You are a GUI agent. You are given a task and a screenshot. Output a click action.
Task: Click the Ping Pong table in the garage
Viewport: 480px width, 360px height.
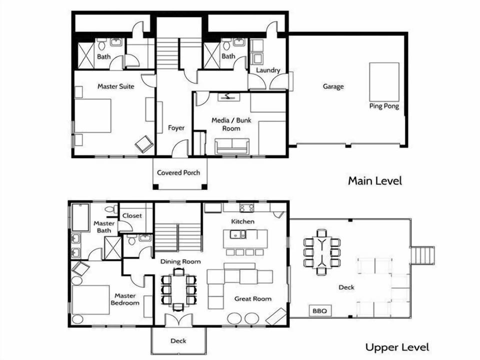tap(384, 81)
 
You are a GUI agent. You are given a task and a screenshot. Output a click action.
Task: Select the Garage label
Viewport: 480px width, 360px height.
tap(333, 86)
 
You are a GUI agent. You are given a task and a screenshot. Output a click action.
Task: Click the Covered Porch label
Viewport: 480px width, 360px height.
tap(178, 172)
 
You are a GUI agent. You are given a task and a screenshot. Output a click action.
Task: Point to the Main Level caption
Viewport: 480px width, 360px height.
tap(374, 180)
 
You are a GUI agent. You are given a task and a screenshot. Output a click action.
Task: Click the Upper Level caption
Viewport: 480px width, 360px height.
tap(396, 347)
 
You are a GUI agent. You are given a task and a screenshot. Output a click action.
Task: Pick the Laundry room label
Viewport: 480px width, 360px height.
tap(268, 70)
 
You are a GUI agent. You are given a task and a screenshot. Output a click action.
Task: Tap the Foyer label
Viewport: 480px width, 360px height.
tap(176, 128)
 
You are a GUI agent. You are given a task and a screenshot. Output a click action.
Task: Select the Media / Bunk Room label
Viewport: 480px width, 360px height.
tap(231, 124)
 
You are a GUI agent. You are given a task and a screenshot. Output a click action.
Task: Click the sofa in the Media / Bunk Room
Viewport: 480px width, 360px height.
tap(231, 146)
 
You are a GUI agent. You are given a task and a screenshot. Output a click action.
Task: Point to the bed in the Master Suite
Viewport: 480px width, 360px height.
tap(92, 115)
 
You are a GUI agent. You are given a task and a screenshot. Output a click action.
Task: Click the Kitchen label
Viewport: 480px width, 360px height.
tap(242, 221)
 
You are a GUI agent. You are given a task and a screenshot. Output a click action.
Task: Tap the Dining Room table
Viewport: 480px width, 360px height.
tap(178, 290)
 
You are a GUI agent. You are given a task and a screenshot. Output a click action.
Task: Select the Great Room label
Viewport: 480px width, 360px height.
tap(253, 299)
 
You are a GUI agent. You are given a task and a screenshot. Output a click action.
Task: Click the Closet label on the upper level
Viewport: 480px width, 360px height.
tap(132, 216)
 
